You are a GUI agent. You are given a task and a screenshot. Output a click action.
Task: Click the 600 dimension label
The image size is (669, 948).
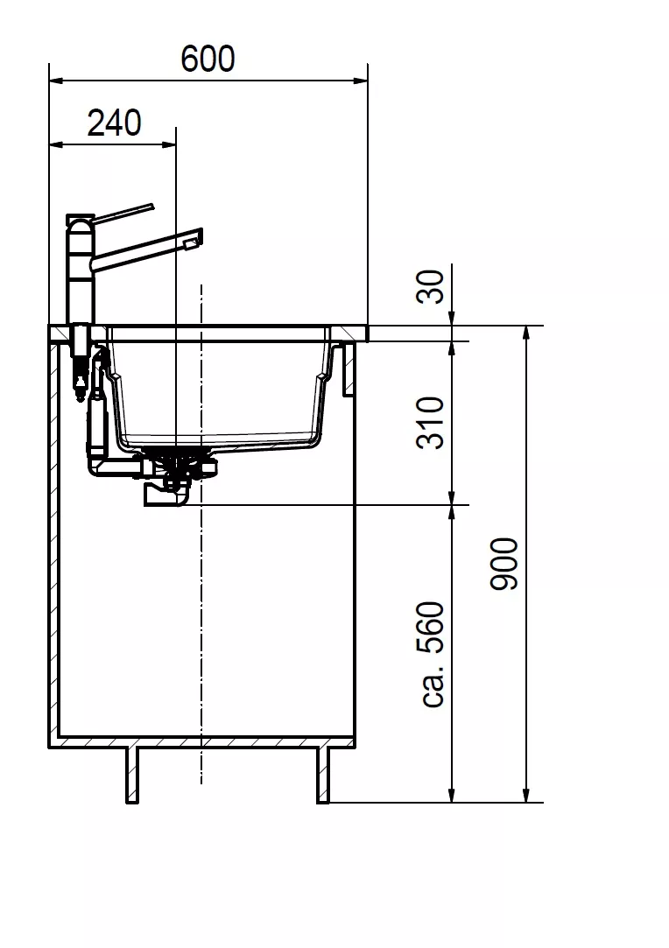[208, 59]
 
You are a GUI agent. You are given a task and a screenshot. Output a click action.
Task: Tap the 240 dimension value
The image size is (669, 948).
[115, 123]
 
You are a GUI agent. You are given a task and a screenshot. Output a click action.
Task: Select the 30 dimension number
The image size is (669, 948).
[431, 286]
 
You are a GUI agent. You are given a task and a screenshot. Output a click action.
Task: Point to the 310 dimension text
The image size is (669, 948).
[431, 423]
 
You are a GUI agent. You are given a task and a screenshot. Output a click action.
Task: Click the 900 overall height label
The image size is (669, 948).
[504, 564]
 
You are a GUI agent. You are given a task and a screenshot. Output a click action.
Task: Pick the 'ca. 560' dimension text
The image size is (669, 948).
[433, 654]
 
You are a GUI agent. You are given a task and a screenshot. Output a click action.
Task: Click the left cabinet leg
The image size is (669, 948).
[132, 775]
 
